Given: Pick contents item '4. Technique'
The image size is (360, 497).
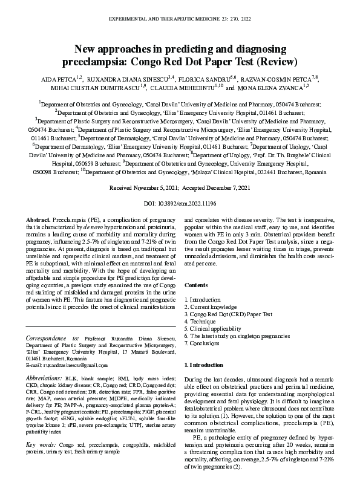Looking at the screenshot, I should [x=200, y=322].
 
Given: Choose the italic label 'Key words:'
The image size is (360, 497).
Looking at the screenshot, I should [x=41, y=445].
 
